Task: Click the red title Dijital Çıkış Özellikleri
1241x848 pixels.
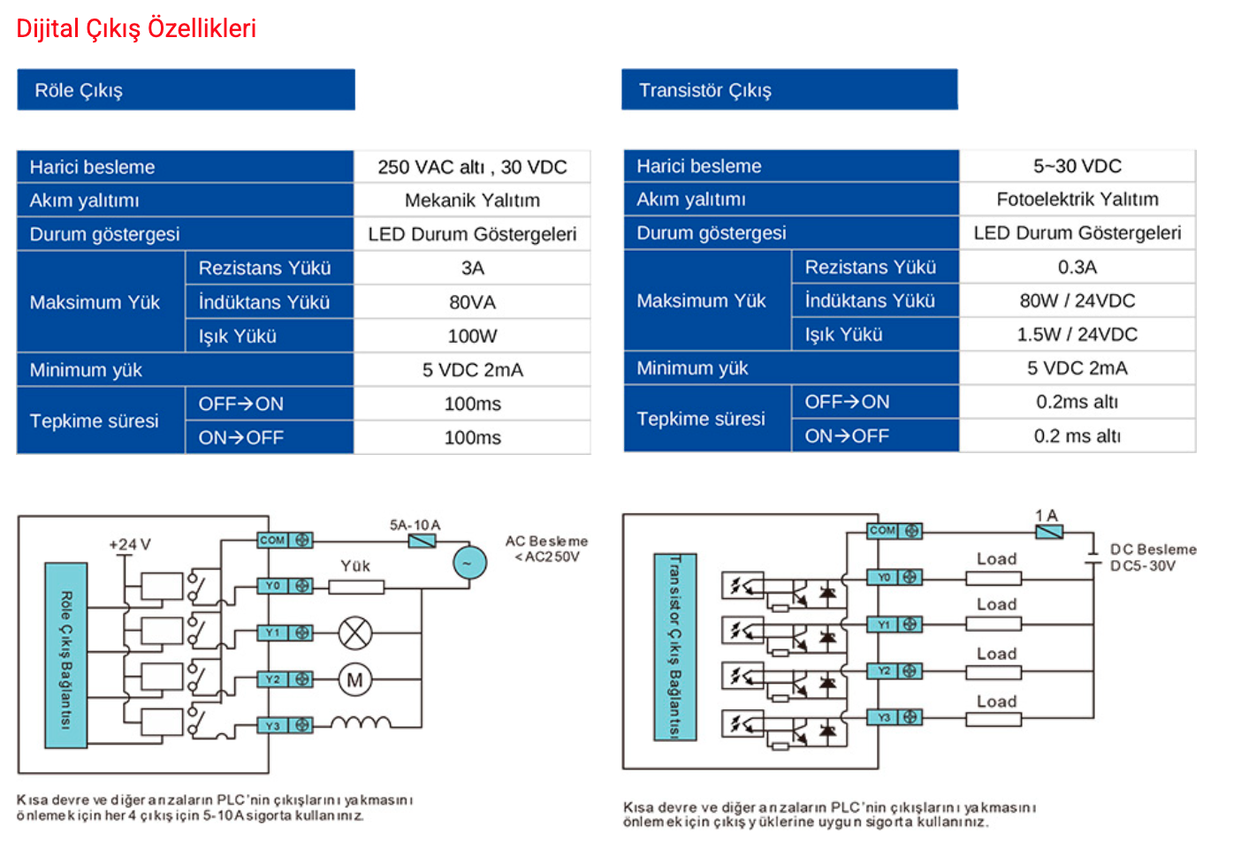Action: (x=136, y=29)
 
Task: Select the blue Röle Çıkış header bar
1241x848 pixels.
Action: (x=187, y=90)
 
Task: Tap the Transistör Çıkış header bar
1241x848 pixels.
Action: (x=789, y=90)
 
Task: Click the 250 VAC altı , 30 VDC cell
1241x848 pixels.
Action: (x=472, y=167)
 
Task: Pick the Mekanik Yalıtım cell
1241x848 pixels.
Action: (x=472, y=201)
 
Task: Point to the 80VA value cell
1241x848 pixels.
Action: (x=472, y=302)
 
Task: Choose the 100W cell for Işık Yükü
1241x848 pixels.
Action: (x=472, y=336)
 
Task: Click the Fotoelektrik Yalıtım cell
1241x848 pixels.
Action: (x=1077, y=200)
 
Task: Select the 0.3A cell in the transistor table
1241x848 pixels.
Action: (x=1077, y=267)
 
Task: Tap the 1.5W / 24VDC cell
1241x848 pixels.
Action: (x=1077, y=334)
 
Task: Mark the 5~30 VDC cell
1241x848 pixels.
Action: (x=1077, y=166)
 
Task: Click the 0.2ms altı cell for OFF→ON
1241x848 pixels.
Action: (x=1077, y=402)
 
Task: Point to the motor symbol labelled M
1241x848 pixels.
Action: (x=355, y=679)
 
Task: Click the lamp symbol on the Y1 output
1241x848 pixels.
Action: (x=355, y=632)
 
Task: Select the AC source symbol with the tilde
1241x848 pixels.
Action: (x=470, y=563)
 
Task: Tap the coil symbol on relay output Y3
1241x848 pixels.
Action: (x=361, y=722)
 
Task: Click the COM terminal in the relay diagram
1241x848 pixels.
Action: (x=286, y=541)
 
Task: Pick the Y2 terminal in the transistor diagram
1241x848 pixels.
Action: (x=895, y=670)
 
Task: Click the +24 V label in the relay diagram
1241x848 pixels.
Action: (x=130, y=545)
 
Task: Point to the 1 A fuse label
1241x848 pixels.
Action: (x=1047, y=515)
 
